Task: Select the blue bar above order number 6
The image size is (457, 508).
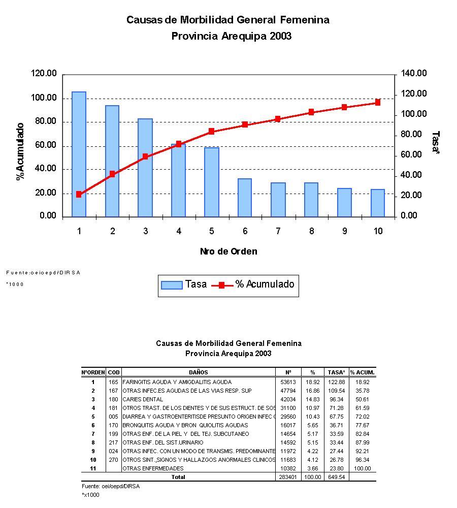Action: click(245, 198)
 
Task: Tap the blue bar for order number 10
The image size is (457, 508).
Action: click(377, 203)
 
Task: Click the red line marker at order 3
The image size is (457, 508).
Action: click(145, 156)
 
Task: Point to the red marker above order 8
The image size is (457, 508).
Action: click(311, 112)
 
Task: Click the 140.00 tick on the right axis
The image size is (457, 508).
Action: click(414, 74)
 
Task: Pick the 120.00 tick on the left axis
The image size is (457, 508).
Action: click(44, 74)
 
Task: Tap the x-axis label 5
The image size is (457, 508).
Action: click(212, 231)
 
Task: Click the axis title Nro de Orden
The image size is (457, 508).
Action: click(228, 251)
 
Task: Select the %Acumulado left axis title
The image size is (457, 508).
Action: click(20, 151)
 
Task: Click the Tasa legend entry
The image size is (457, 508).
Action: click(184, 284)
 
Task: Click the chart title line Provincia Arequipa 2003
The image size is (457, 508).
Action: click(231, 36)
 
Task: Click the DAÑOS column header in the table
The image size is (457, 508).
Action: click(199, 372)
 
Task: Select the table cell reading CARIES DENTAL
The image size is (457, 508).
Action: click(143, 399)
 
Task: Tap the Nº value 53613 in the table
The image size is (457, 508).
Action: click(288, 382)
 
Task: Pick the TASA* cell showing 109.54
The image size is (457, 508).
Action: click(337, 391)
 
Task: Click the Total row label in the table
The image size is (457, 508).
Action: click(178, 477)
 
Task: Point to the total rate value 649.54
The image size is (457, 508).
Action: click(337, 477)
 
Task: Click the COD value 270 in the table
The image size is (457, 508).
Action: click(113, 460)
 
